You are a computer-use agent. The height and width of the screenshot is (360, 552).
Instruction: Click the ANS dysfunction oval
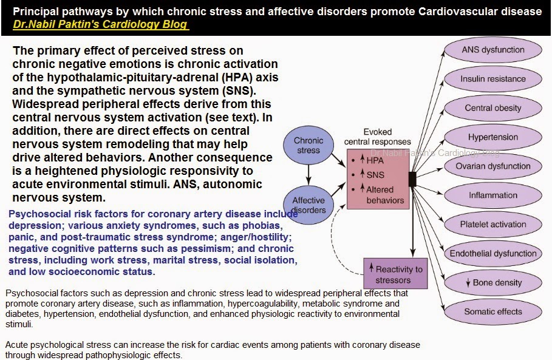(493, 50)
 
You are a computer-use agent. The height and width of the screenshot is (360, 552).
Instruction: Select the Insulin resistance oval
(493, 79)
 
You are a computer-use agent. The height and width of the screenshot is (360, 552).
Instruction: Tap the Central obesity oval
(493, 108)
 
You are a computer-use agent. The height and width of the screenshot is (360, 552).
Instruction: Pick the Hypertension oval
(493, 137)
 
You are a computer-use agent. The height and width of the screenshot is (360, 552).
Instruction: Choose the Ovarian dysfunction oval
(493, 166)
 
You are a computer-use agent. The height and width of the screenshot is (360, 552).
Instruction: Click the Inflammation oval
(493, 195)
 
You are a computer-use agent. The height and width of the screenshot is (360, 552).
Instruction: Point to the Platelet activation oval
(493, 225)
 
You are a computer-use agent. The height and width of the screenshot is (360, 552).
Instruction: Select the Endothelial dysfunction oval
(493, 254)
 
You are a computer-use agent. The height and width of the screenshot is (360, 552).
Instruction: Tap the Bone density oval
(493, 283)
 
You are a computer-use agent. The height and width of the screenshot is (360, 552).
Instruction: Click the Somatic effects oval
(493, 312)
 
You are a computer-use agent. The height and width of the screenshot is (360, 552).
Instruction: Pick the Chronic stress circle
(308, 145)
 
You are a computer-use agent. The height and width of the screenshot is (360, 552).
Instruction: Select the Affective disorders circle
(308, 205)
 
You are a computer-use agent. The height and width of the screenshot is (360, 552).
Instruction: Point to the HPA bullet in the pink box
(372, 160)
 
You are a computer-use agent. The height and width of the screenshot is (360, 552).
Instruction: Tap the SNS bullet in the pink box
(372, 175)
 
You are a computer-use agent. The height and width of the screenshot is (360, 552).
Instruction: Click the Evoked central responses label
(378, 137)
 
